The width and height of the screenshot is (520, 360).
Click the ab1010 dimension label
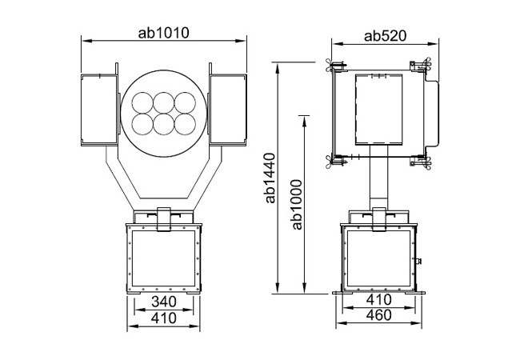tap(163, 33)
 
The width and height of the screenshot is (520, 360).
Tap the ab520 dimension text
tap(385, 36)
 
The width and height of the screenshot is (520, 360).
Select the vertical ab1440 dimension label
tap(270, 178)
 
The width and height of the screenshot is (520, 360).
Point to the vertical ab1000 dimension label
tap(297, 205)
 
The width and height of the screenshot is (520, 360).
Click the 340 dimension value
tap(164, 302)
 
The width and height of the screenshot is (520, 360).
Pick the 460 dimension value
tap(378, 315)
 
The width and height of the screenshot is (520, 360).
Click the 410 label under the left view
tap(164, 318)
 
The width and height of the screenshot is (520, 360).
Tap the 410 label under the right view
tap(378, 300)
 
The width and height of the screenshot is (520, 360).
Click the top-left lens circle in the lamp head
tap(142, 102)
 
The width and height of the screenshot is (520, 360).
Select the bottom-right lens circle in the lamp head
tap(185, 124)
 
